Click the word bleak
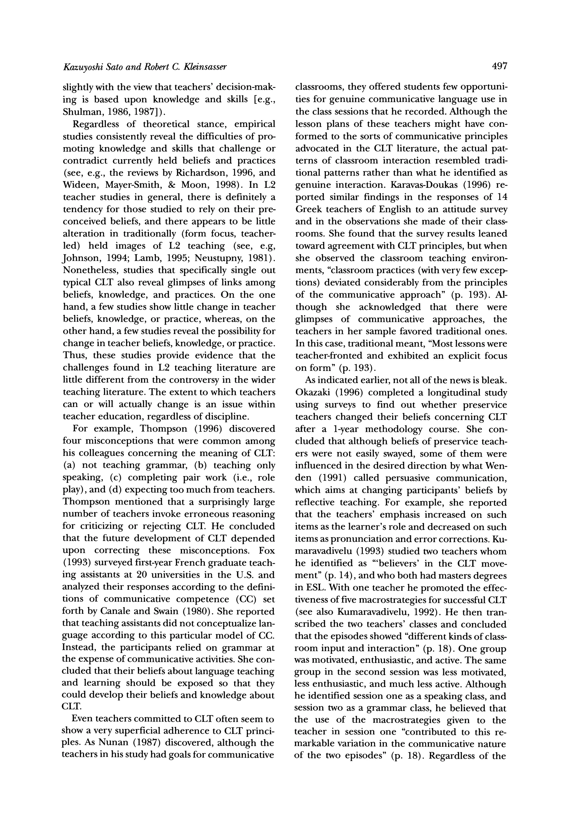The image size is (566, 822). point(494,380)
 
